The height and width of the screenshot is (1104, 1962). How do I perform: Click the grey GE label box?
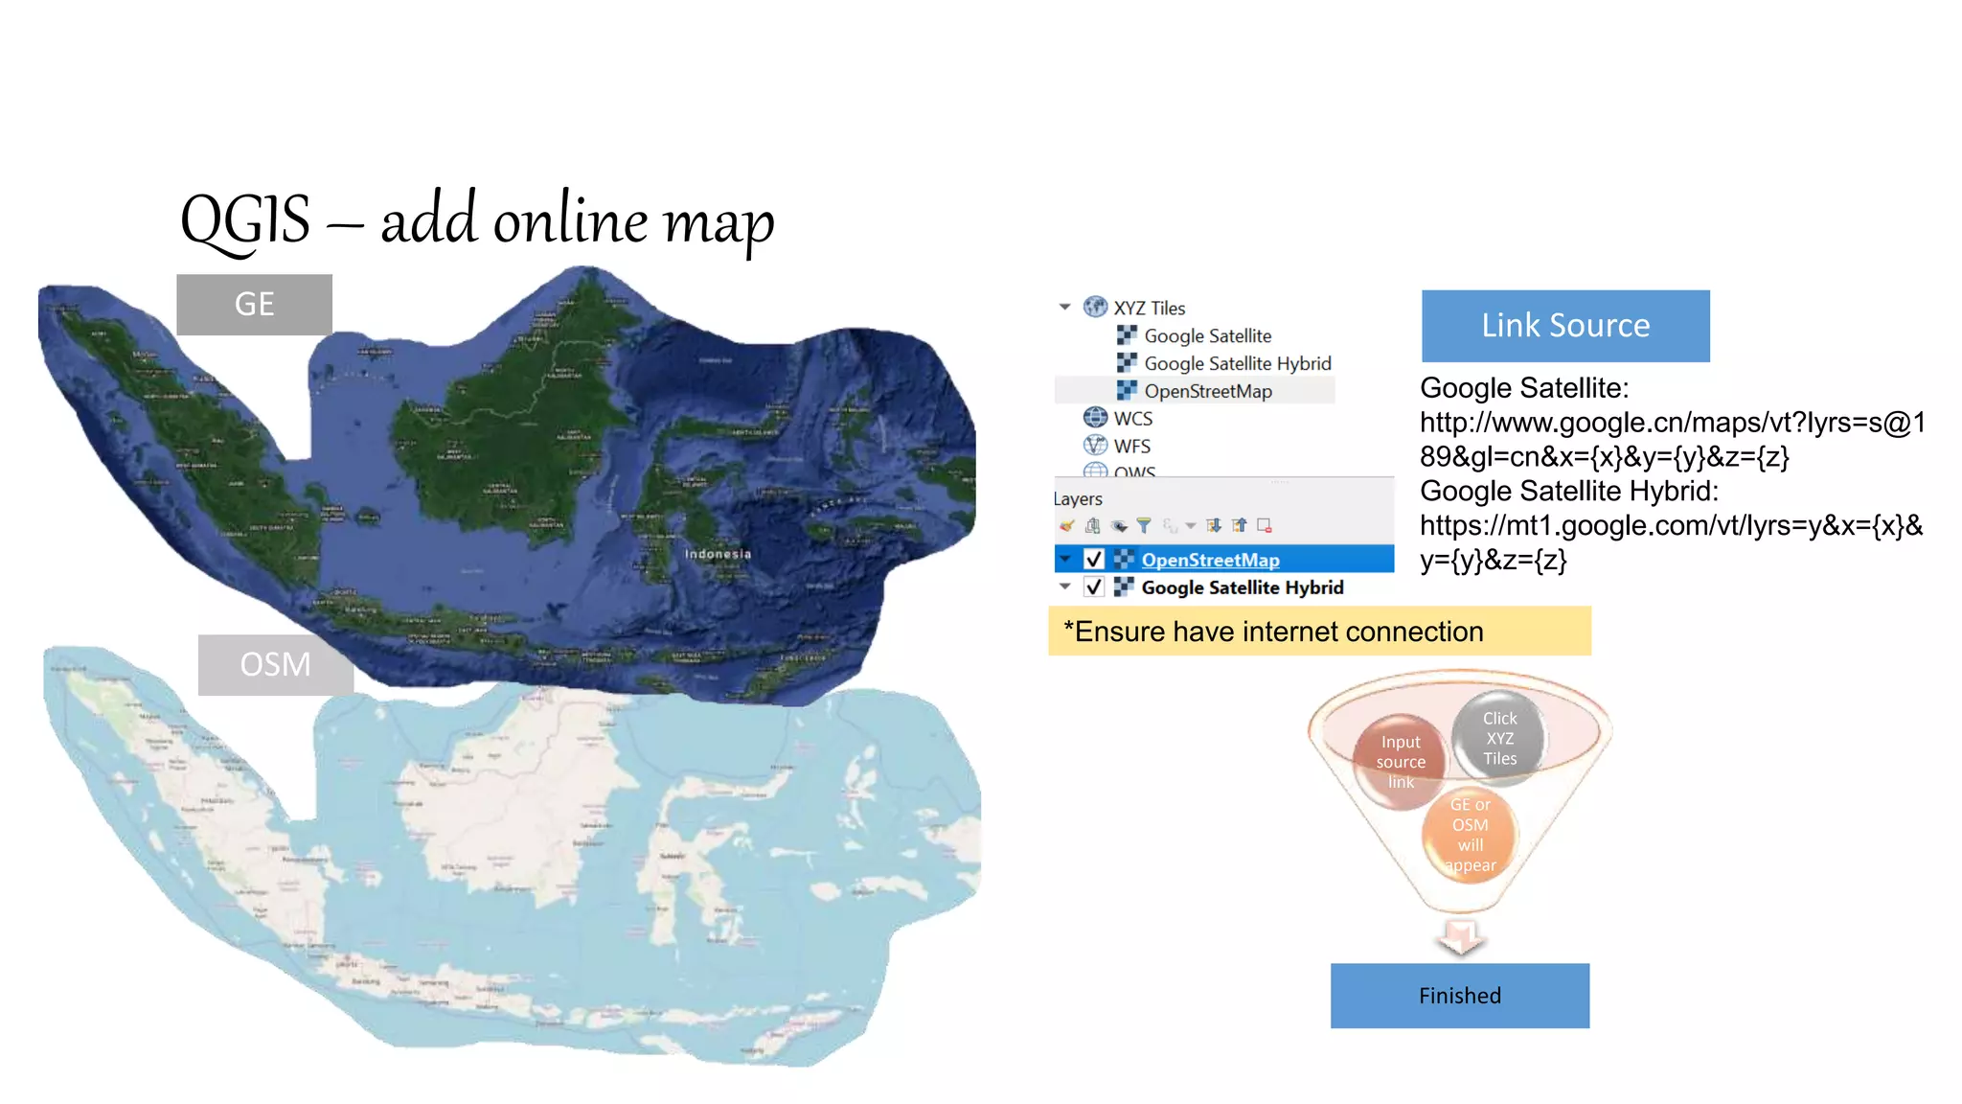(x=254, y=305)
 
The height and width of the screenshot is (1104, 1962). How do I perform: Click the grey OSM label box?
(x=275, y=664)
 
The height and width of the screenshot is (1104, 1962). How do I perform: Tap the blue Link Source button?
(x=1564, y=326)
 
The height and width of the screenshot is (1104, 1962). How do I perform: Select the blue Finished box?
(x=1459, y=996)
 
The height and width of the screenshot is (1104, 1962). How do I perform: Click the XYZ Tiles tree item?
(x=1149, y=309)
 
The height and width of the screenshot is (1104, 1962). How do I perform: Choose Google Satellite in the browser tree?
(x=1207, y=336)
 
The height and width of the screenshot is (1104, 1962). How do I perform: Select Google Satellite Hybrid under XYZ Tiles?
(x=1237, y=364)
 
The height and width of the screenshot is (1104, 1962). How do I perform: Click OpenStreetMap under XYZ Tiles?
(x=1207, y=392)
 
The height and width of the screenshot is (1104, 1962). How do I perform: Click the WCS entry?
(x=1132, y=419)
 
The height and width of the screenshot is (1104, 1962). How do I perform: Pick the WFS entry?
(x=1131, y=447)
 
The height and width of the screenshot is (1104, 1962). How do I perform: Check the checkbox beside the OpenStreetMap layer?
(x=1094, y=560)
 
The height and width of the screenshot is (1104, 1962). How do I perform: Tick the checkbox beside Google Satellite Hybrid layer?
(x=1094, y=587)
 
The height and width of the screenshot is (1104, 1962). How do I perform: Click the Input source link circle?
(x=1401, y=762)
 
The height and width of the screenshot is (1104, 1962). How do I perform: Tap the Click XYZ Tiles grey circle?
(x=1499, y=738)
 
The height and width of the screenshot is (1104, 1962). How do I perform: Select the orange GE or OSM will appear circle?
(x=1470, y=835)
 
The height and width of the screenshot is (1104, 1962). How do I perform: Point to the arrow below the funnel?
(x=1461, y=937)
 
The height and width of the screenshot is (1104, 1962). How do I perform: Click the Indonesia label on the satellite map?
(x=718, y=554)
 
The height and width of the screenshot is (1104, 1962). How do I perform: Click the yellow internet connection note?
(x=1319, y=632)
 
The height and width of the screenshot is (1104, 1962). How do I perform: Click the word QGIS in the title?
(x=245, y=220)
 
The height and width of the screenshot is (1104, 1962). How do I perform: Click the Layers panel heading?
(x=1078, y=499)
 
